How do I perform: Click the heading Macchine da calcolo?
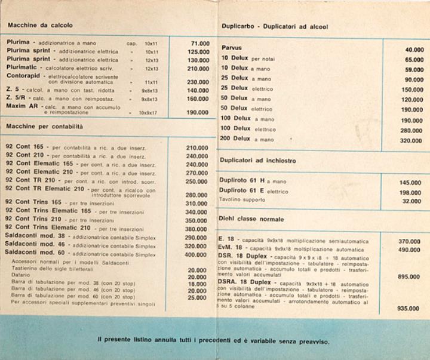tap(39, 26)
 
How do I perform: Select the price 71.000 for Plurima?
tap(199, 44)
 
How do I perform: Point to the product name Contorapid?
tap(25, 76)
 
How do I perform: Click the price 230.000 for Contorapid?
tap(198, 82)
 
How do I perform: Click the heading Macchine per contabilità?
tap(45, 127)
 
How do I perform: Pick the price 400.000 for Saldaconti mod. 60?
tap(196, 254)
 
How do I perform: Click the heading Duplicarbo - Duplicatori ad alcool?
tap(274, 27)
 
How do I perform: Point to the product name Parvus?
tap(231, 48)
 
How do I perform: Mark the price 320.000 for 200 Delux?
tap(410, 141)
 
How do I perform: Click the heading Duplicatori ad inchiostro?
tap(257, 161)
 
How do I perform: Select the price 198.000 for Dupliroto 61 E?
tap(410, 193)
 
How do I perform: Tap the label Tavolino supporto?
tap(242, 200)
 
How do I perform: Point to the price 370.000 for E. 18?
tap(410, 242)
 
